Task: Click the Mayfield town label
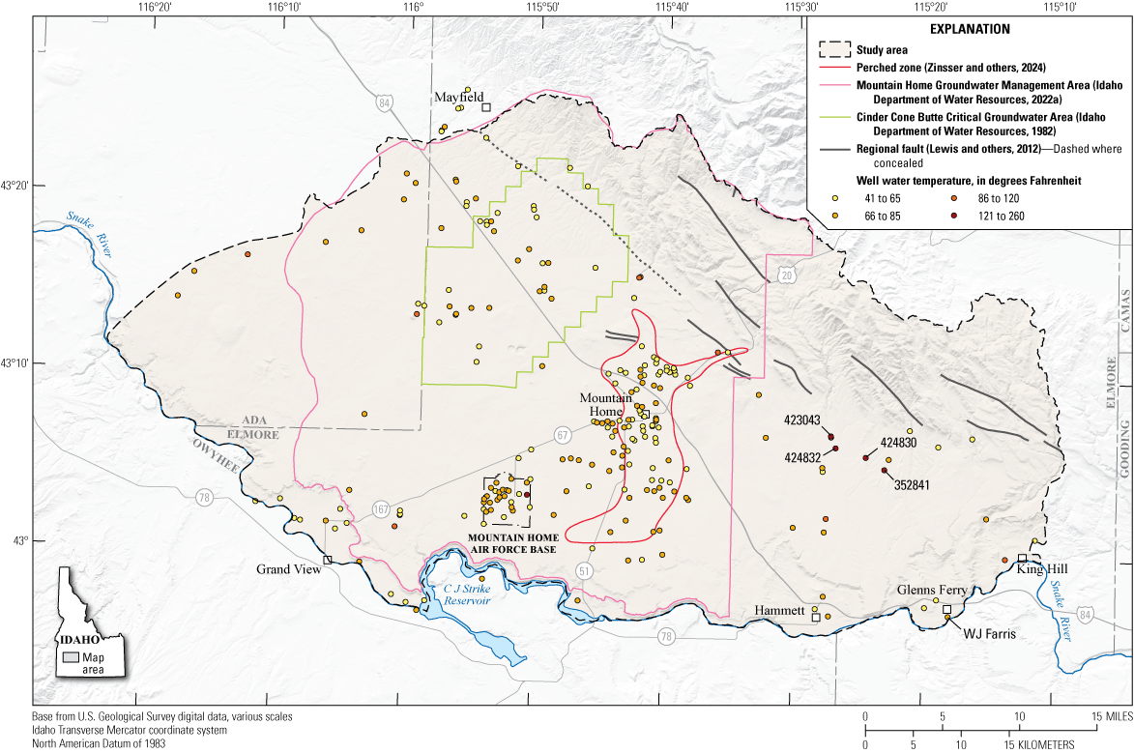point(458,98)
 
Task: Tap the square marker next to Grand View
point(328,560)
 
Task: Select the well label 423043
point(802,420)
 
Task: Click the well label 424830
point(900,442)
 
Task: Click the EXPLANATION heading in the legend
point(970,29)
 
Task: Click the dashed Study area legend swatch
point(831,48)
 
